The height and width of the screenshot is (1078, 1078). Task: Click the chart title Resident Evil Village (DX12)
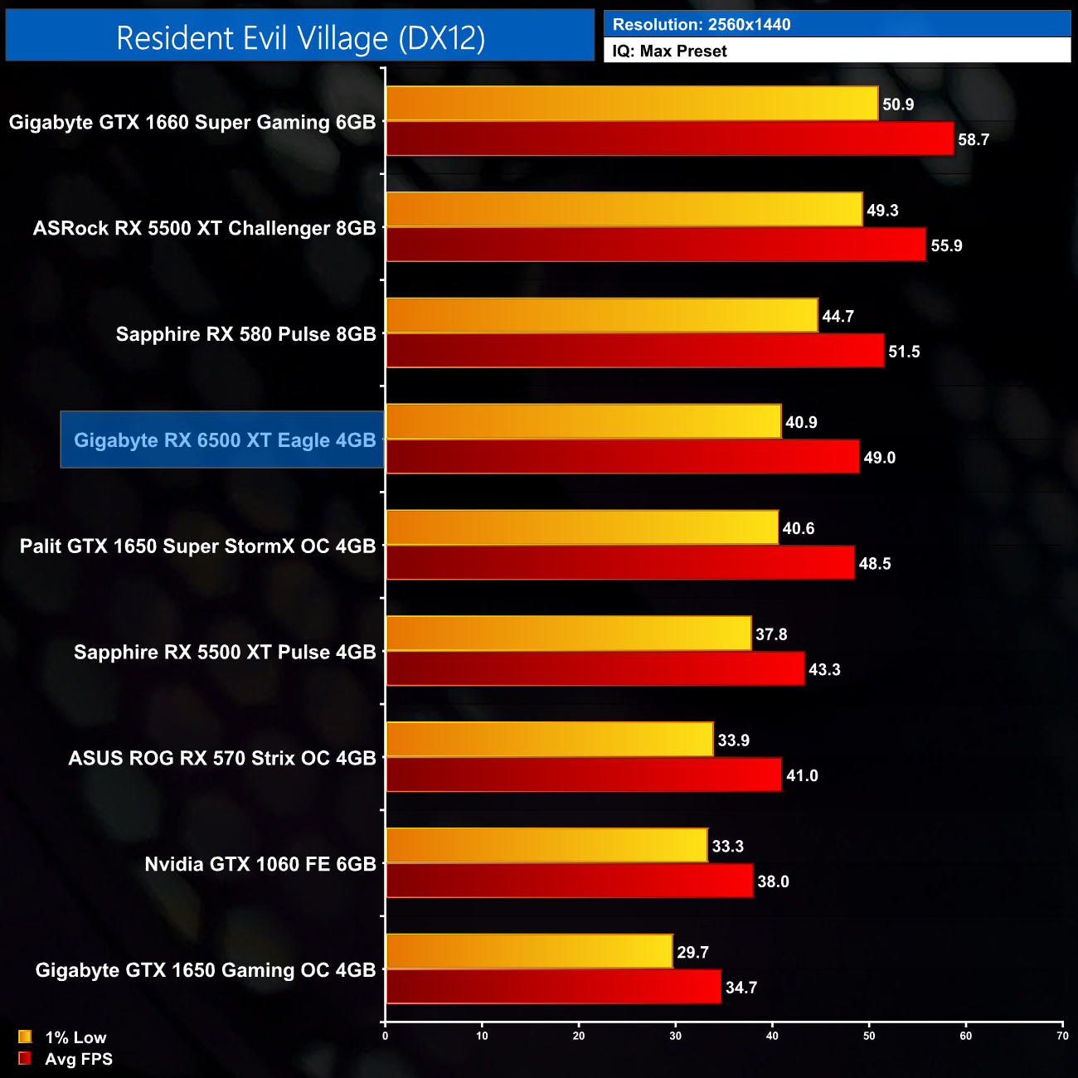pos(300,38)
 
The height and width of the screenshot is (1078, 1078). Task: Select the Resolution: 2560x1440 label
pos(702,24)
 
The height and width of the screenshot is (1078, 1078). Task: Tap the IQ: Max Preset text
pos(669,51)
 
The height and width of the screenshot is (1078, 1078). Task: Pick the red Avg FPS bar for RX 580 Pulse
pos(634,351)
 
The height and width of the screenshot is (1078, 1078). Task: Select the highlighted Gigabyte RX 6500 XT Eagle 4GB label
pos(224,440)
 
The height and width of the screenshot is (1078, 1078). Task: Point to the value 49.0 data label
pos(879,458)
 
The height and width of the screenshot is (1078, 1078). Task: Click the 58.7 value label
pos(974,139)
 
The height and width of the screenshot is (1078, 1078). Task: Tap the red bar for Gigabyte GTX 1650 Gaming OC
pos(553,987)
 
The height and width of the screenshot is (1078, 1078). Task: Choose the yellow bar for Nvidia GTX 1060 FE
pos(546,846)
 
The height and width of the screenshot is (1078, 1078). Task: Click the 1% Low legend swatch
pos(25,1037)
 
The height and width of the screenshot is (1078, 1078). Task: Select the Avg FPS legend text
pos(79,1059)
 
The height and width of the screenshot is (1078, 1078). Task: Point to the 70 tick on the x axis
pos(1062,1036)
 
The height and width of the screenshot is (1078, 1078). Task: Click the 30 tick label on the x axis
pos(676,1036)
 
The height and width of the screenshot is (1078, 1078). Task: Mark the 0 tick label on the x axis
pos(385,1036)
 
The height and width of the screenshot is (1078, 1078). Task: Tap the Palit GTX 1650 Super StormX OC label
pos(197,546)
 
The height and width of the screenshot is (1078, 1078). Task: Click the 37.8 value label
pos(771,634)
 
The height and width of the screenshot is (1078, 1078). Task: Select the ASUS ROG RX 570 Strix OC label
pos(222,758)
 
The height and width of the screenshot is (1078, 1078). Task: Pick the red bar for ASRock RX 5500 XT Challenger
pos(656,245)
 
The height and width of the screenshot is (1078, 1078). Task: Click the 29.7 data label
pos(692,952)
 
